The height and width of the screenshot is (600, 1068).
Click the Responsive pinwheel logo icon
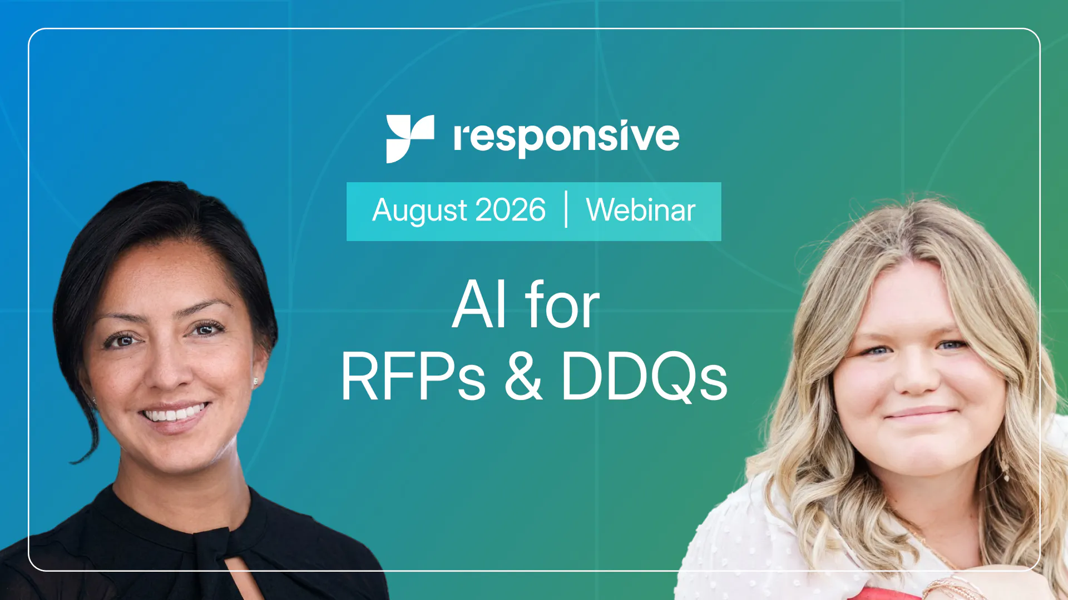(410, 139)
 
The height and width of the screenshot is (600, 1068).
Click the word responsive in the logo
(566, 138)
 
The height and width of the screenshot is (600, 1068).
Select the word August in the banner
(420, 211)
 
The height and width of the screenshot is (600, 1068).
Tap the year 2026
(511, 210)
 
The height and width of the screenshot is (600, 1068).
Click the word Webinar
(641, 210)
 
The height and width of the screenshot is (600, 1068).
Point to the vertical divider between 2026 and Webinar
(566, 209)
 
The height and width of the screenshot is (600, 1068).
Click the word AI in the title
(479, 304)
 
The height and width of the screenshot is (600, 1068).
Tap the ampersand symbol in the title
(523, 376)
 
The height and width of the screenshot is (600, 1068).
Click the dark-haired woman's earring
(255, 381)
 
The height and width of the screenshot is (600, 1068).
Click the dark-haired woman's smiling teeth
(174, 414)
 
